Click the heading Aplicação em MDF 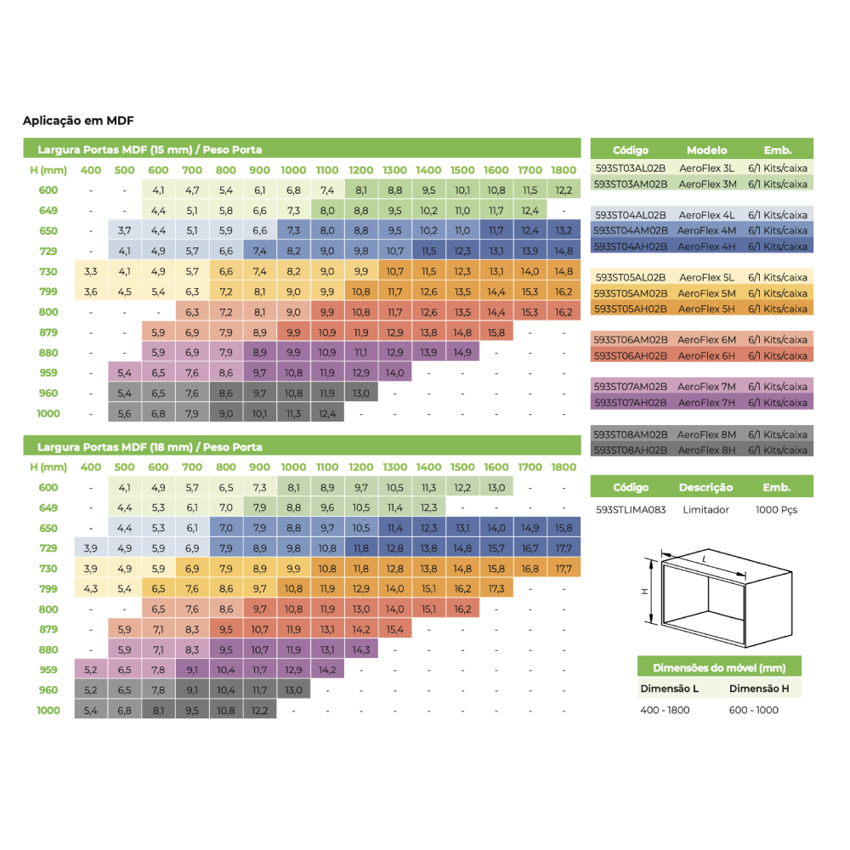click(x=79, y=121)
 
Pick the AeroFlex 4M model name click(x=707, y=230)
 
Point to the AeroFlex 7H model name click(x=707, y=402)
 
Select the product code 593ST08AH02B click(x=630, y=450)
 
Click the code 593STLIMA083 click(x=631, y=510)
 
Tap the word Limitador click(x=705, y=510)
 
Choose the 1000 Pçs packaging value click(x=777, y=510)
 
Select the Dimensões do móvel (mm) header click(x=718, y=667)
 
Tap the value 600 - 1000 click(x=753, y=710)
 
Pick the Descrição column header click(x=705, y=488)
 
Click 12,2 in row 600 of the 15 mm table click(x=563, y=190)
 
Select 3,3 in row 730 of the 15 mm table click(x=91, y=271)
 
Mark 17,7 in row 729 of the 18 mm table click(x=563, y=547)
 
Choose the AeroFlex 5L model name click(x=706, y=277)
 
